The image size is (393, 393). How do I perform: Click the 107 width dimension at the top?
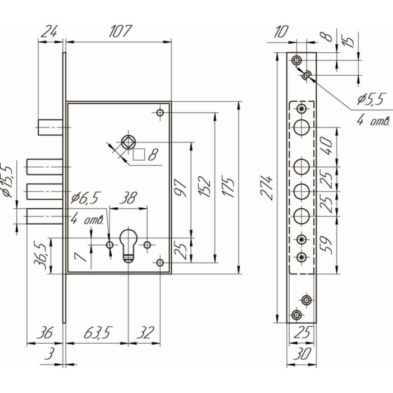point(120,31)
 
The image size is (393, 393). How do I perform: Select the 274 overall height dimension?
point(267,188)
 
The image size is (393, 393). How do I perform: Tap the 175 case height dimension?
point(228,188)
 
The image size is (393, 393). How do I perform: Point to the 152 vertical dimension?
point(204,187)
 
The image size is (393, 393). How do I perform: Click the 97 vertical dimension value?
point(180,188)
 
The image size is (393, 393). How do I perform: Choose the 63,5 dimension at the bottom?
point(97,332)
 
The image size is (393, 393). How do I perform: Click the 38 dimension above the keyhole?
point(128,198)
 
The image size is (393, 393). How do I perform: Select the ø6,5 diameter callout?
point(85,198)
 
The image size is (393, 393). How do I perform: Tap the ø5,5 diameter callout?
point(371,100)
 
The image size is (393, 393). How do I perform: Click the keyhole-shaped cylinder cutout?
point(128,246)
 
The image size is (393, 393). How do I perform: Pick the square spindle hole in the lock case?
point(129,142)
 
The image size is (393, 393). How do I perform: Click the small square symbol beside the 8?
point(139,154)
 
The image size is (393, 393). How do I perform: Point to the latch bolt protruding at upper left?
point(50,127)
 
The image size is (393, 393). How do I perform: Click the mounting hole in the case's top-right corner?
point(160,112)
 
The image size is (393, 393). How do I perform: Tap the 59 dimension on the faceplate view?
point(326,245)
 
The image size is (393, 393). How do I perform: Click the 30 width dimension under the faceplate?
point(302,354)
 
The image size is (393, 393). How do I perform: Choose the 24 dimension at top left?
point(49,31)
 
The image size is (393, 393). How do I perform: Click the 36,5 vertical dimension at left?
point(40,256)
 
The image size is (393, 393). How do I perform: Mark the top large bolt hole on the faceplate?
point(301,127)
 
